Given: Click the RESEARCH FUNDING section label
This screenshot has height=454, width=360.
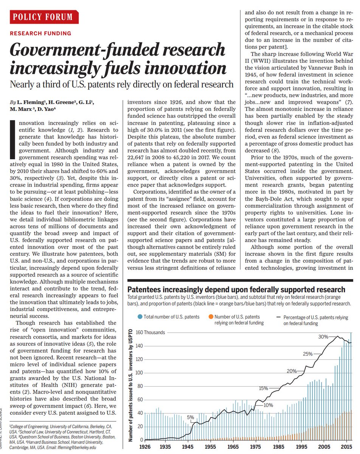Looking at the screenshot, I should pos(41,33).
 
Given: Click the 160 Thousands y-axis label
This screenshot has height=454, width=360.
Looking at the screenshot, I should pos(151,333).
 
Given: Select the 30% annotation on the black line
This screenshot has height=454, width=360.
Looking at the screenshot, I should pos(323,337).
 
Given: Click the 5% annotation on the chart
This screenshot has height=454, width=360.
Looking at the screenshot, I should pos(190,417).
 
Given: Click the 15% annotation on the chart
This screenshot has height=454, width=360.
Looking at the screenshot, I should pos(263,388).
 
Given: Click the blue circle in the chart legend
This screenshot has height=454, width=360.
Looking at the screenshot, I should pos(140,317).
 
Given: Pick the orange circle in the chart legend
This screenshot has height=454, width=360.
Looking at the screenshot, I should pos(210,317).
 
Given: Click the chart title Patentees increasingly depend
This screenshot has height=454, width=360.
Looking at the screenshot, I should pos(237,289).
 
